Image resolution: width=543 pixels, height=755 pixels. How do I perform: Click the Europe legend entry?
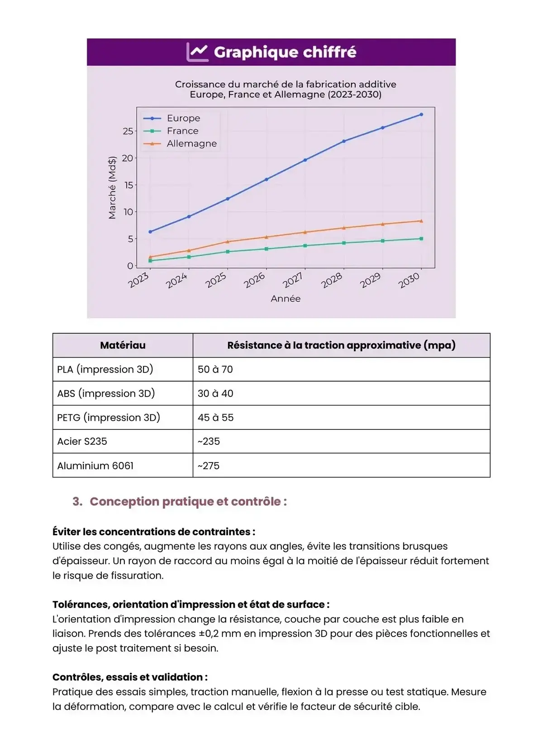click(x=183, y=118)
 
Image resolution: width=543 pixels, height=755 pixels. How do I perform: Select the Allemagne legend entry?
click(x=191, y=143)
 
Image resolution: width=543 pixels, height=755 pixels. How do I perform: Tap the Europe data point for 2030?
click(x=421, y=114)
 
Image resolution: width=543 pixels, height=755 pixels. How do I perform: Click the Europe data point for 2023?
click(x=150, y=231)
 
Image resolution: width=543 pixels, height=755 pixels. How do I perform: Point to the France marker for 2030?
click(x=421, y=239)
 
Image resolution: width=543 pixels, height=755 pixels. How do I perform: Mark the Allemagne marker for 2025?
click(x=228, y=241)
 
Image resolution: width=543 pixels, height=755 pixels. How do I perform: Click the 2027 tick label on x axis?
click(x=293, y=280)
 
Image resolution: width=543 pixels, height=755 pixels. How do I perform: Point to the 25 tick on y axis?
click(x=128, y=131)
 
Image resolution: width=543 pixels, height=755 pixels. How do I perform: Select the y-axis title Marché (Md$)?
click(x=112, y=188)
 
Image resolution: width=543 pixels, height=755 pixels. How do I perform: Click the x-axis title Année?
click(x=286, y=298)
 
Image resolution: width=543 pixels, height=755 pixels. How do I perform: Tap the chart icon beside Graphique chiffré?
click(x=197, y=52)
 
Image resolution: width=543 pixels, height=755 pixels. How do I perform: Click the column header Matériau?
click(x=123, y=345)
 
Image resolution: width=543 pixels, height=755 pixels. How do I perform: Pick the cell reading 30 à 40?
click(x=215, y=393)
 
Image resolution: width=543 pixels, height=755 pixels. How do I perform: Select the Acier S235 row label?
click(x=82, y=441)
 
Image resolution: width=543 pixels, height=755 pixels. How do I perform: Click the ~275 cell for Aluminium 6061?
click(x=209, y=466)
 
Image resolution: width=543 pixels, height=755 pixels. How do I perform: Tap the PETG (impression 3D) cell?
click(x=109, y=417)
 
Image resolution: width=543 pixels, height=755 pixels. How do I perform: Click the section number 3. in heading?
click(x=77, y=501)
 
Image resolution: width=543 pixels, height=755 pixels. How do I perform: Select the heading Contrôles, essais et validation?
click(x=129, y=677)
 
